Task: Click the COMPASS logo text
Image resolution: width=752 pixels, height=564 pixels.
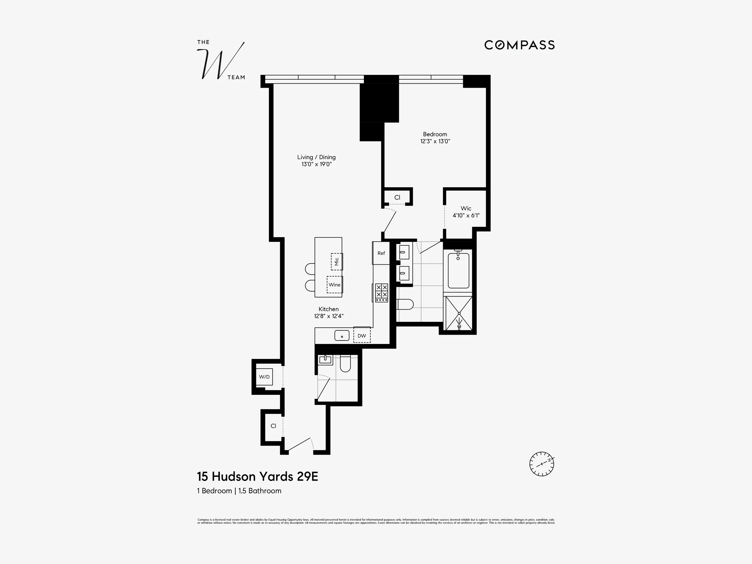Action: coord(519,45)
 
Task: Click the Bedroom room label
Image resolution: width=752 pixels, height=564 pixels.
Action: coord(435,134)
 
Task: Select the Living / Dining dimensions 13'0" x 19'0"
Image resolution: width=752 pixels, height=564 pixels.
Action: coord(316,164)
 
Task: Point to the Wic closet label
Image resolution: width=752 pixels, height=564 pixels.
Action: coord(466,208)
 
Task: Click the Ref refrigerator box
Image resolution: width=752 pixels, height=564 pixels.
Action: coord(381,253)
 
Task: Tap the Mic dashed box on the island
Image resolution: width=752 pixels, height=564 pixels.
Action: coord(337,261)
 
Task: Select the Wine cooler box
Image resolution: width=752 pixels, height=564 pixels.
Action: coord(334,285)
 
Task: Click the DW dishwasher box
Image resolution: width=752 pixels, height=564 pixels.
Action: coord(362,335)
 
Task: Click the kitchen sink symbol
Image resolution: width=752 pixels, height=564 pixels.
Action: coord(342,335)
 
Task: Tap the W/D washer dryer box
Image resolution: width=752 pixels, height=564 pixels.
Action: coord(264,377)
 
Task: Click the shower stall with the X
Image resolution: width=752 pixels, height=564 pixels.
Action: coord(459,313)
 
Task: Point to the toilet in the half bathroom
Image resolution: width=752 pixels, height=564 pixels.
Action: coord(345,364)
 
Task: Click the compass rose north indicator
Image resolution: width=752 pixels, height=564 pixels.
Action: coord(542,464)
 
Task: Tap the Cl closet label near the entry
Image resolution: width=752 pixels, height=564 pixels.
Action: coord(273,426)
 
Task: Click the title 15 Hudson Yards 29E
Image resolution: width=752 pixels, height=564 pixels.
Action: coord(258,476)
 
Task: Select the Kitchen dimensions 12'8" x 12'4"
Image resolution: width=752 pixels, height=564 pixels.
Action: coord(329,316)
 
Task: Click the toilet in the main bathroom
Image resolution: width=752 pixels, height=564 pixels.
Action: coord(405,304)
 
